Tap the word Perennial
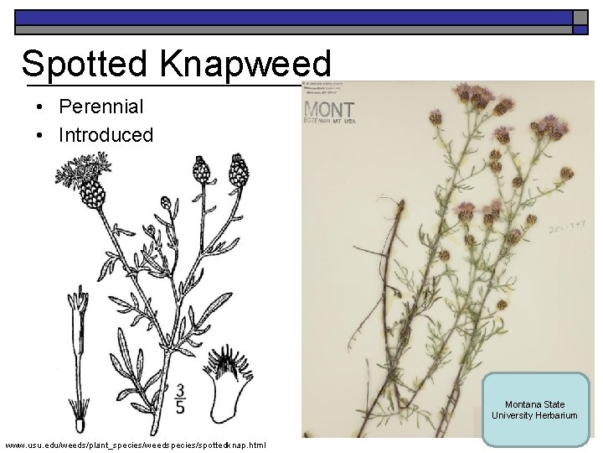[x=100, y=107]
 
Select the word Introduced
[x=106, y=134]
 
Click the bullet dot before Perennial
[x=39, y=107]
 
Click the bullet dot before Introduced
[x=39, y=135]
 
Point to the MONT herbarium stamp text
[x=329, y=110]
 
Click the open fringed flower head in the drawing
[x=84, y=174]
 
